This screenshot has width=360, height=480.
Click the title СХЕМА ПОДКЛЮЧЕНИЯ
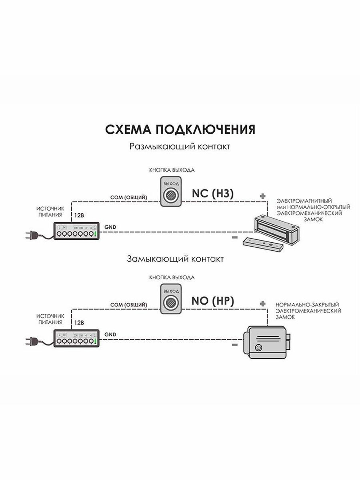(x=180, y=129)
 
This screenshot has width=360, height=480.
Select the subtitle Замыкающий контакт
(x=175, y=259)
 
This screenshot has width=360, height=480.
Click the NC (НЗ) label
(x=212, y=193)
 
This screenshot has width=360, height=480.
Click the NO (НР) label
(x=212, y=301)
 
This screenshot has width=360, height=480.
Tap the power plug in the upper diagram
(x=31, y=235)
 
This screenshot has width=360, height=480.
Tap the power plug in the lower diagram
(x=31, y=341)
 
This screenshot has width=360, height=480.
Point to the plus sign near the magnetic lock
(x=263, y=196)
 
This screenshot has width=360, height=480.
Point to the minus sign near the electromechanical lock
(x=235, y=345)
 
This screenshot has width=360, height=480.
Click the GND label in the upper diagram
(x=110, y=227)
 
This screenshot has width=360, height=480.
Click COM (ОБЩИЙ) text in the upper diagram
(x=129, y=197)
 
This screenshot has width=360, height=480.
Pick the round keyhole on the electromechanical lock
(x=258, y=348)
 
